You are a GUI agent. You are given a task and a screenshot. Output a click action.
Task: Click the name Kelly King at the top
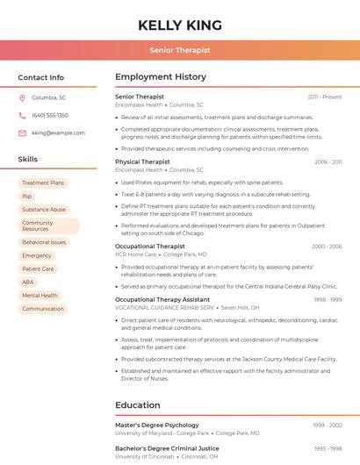click(180, 25)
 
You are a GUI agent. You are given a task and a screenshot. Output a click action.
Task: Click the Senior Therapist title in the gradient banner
click(180, 50)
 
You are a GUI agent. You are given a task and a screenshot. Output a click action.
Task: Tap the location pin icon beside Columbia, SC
click(22, 97)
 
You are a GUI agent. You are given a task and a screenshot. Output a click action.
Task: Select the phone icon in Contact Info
click(22, 115)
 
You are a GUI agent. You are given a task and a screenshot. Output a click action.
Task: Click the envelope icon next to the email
click(22, 132)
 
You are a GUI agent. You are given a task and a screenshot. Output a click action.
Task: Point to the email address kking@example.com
click(58, 132)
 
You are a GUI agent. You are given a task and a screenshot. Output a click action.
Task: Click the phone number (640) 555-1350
click(50, 115)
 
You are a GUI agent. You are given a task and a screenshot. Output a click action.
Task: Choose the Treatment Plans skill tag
click(43, 183)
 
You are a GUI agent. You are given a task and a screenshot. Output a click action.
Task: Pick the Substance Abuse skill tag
click(44, 210)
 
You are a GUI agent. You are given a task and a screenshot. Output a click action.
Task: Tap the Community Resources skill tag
click(48, 226)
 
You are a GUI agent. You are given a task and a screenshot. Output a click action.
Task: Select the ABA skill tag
click(28, 283)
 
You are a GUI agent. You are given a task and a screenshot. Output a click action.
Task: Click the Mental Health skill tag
click(40, 296)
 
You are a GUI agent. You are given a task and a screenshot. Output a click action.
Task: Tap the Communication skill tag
click(43, 309)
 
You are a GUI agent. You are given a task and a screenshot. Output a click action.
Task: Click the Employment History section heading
click(161, 77)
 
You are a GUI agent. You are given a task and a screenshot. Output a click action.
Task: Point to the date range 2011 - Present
click(325, 97)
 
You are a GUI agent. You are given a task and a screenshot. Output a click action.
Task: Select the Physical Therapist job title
click(142, 161)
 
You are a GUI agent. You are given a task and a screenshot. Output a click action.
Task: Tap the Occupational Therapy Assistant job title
click(162, 299)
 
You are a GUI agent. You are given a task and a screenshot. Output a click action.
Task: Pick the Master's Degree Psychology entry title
click(157, 425)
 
